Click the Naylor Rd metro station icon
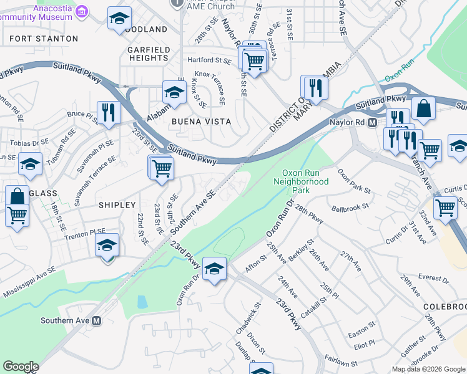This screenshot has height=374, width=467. click(x=372, y=123)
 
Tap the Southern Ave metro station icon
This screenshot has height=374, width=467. click(x=97, y=321)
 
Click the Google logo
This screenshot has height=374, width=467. click(x=21, y=367)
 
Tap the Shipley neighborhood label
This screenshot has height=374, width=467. click(x=117, y=204)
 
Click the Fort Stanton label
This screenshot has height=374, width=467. click(x=44, y=39)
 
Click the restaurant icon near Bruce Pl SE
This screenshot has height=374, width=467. click(x=109, y=113)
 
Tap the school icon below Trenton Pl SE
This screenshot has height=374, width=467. click(x=107, y=245)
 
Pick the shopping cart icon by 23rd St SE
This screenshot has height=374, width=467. click(x=162, y=167)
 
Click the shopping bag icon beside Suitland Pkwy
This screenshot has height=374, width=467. click(x=423, y=107)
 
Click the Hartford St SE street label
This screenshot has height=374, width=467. click(x=209, y=60)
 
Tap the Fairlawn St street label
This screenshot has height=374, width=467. click(x=341, y=362)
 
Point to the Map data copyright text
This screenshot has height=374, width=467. click(x=428, y=369)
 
